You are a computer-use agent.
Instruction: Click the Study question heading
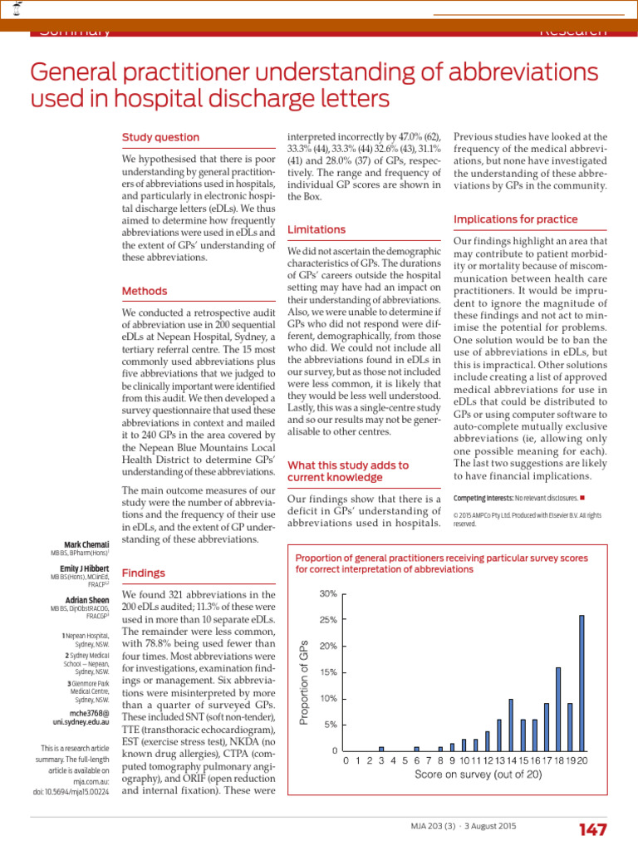[x=160, y=137]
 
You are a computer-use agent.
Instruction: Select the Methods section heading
[x=145, y=291]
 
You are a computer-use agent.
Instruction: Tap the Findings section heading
[x=144, y=573]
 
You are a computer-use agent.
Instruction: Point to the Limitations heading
[x=317, y=229]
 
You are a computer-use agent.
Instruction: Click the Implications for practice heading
[x=516, y=219]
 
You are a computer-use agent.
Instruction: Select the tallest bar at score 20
[x=582, y=682]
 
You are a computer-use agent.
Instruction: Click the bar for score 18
[x=558, y=709]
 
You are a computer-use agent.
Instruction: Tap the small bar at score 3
[x=381, y=748]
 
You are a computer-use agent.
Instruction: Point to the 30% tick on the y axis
[x=328, y=594]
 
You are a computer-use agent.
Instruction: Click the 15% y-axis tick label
[x=328, y=672]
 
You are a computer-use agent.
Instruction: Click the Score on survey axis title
[x=467, y=775]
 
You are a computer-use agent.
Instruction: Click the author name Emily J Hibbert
[x=82, y=568]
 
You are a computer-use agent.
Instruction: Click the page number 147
[x=591, y=829]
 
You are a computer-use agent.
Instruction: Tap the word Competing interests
[x=483, y=498]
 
